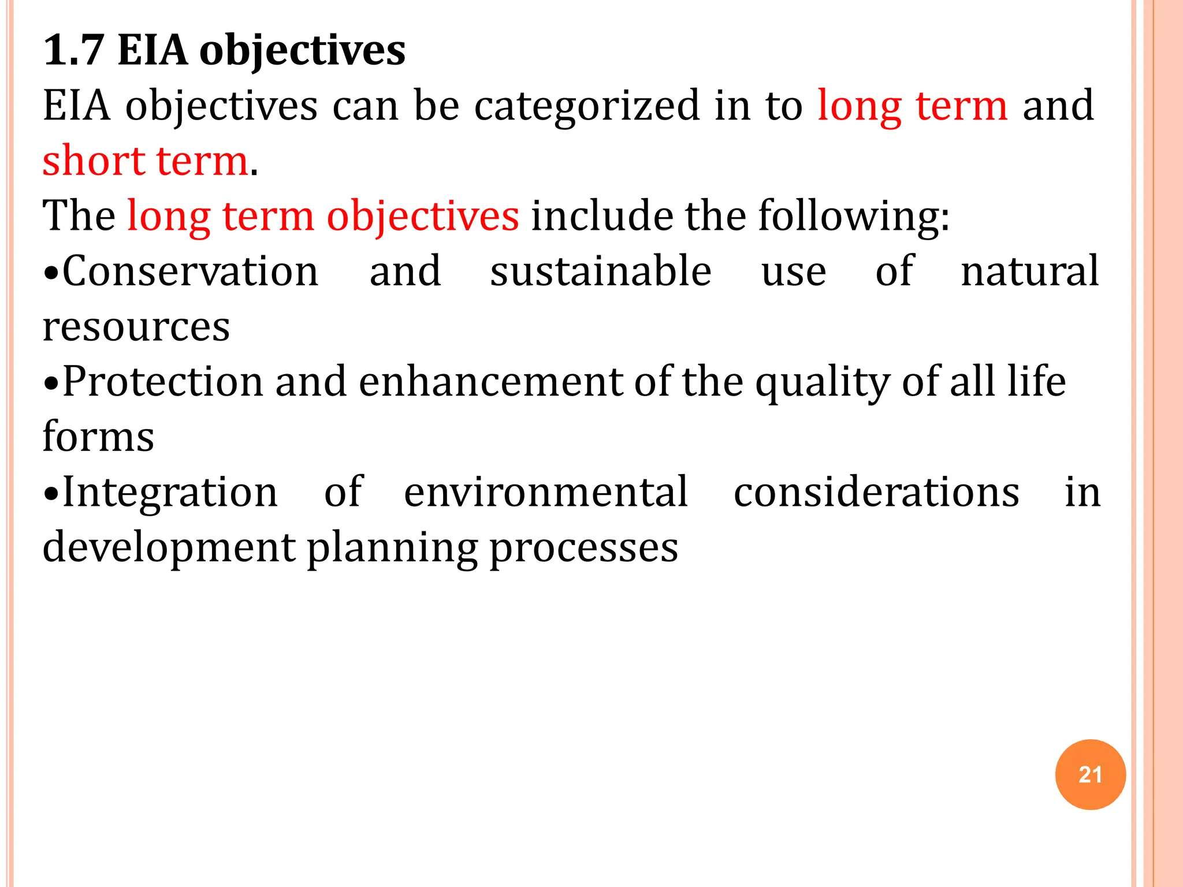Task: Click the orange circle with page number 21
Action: pyautogui.click(x=1090, y=774)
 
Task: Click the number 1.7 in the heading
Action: pyautogui.click(x=73, y=51)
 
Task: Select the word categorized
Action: pyautogui.click(x=586, y=107)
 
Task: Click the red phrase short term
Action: pyautogui.click(x=145, y=161)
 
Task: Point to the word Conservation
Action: pyautogui.click(x=190, y=271)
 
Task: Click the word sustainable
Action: pyautogui.click(x=601, y=271)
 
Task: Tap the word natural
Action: pyautogui.click(x=1029, y=271)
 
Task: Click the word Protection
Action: pyautogui.click(x=162, y=382)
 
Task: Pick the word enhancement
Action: pyautogui.click(x=490, y=382)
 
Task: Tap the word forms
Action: pyautogui.click(x=98, y=437)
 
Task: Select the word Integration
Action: pyautogui.click(x=170, y=493)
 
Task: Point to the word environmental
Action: pyautogui.click(x=546, y=493)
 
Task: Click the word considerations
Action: pyautogui.click(x=876, y=493)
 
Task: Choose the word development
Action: pyautogui.click(x=169, y=548)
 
